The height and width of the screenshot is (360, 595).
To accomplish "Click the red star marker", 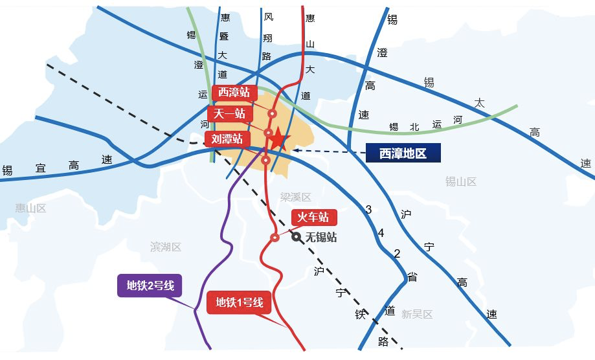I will (x=278, y=139).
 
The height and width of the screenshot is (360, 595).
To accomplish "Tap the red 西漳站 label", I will (x=234, y=93).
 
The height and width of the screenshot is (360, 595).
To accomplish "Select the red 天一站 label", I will (x=230, y=114).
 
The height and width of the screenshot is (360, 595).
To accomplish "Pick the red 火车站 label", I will (x=314, y=218).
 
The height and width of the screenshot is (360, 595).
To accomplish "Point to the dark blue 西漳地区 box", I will (x=403, y=153).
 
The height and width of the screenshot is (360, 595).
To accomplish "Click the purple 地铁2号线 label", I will (x=150, y=285).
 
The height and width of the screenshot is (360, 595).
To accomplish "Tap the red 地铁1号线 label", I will (x=239, y=302).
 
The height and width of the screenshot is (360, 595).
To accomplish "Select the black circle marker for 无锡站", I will (x=297, y=237).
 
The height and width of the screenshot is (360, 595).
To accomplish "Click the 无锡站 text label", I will (x=321, y=237).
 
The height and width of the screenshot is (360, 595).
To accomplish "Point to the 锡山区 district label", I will (x=461, y=181).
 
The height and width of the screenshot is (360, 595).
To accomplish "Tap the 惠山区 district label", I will (x=31, y=208).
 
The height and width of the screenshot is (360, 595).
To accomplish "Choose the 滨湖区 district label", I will (x=166, y=247).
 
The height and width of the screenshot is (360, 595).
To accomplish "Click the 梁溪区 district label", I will (x=296, y=197).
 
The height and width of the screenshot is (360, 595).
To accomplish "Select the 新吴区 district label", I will (x=417, y=314).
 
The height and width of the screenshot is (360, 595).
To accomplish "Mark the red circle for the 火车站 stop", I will (x=275, y=237).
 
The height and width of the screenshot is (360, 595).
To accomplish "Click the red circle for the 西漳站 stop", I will (x=273, y=113).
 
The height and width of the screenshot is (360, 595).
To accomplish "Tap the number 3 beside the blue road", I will (x=368, y=209).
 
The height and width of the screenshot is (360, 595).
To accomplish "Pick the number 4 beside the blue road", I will (x=381, y=233).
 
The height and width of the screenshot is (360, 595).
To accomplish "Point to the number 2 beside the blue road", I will (x=397, y=253).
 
